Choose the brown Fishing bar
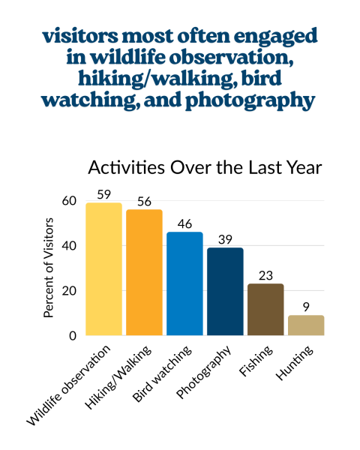pyautogui.click(x=265, y=309)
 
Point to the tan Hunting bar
pyautogui.click(x=306, y=325)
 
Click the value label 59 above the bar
pyautogui.click(x=103, y=194)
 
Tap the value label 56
pyautogui.click(x=144, y=201)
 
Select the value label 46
pyautogui.click(x=184, y=223)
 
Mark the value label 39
pyautogui.click(x=225, y=239)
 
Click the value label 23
pyautogui.click(x=265, y=275)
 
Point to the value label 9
pyautogui.click(x=306, y=307)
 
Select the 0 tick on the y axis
pyautogui.click(x=73, y=336)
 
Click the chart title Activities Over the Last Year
pyautogui.click(x=205, y=167)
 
